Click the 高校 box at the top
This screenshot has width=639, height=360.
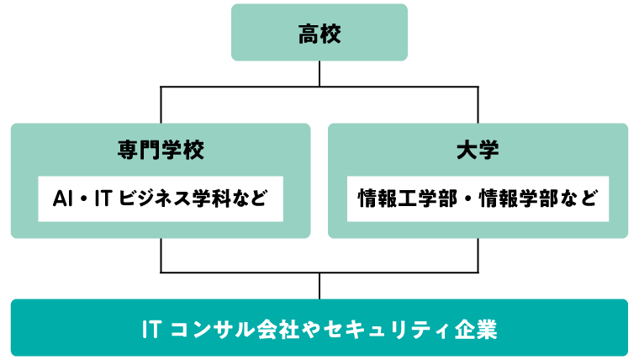[319, 33]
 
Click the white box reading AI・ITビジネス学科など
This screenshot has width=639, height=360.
[161, 199]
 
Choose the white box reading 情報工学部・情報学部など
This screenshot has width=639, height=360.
[478, 199]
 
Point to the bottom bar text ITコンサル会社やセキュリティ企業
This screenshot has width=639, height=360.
[319, 328]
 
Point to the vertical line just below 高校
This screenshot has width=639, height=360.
[319, 73]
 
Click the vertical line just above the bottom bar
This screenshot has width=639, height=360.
[319, 286]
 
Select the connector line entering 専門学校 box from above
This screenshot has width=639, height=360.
[161, 105]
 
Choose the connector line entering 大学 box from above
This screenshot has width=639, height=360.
[478, 105]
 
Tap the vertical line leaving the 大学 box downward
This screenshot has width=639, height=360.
[478, 255]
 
